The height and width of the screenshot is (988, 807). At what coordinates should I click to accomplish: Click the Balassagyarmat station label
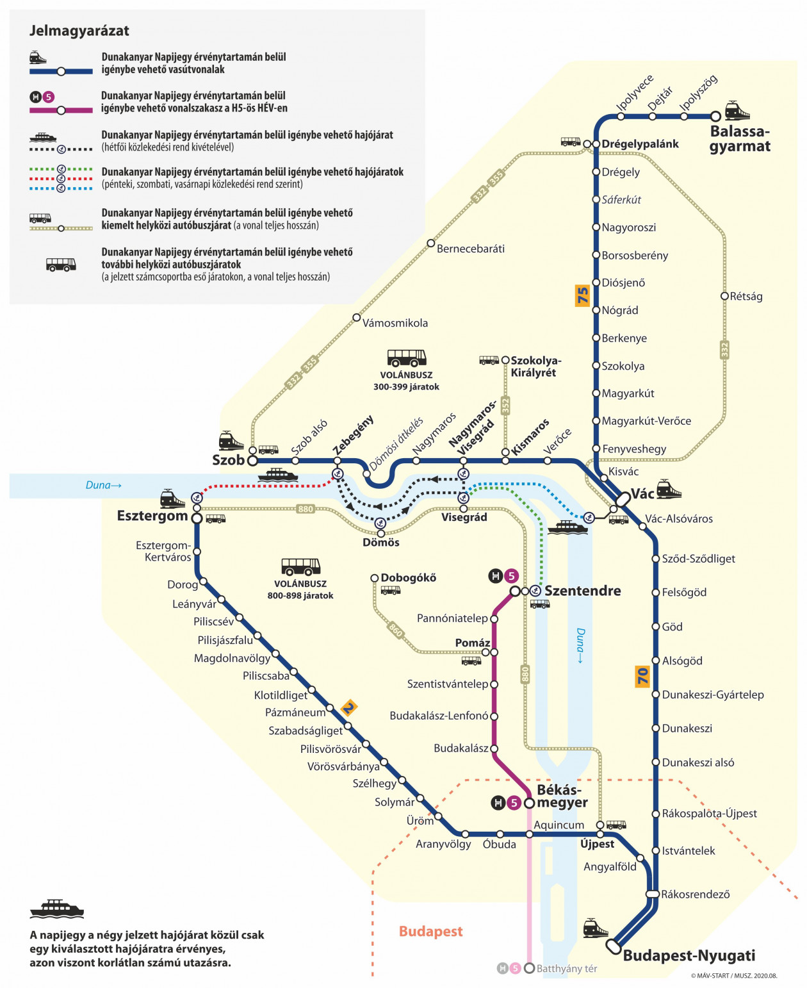(740, 139)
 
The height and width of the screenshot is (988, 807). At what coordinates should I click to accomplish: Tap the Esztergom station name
(152, 516)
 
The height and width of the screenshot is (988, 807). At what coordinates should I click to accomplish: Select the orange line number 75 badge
(582, 296)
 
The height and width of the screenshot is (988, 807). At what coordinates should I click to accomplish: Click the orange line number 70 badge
(642, 676)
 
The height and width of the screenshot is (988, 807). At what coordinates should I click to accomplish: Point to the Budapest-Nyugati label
(689, 955)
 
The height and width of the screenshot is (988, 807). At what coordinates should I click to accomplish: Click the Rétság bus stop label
(746, 297)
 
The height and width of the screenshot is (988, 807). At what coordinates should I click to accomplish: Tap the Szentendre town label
(583, 591)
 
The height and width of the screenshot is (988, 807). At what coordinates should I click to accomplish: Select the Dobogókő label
(409, 578)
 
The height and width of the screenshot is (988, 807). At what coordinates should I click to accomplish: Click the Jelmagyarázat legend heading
(79, 31)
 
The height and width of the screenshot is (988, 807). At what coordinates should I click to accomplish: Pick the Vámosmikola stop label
(395, 323)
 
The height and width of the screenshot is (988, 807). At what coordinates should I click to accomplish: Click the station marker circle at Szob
(252, 461)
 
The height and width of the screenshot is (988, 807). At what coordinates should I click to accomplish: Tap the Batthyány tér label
(567, 968)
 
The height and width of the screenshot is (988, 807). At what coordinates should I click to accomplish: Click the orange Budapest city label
(430, 931)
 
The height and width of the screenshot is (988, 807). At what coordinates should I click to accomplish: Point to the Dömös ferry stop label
(381, 542)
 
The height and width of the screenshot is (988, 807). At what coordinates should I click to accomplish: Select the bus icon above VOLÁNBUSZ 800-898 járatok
(300, 566)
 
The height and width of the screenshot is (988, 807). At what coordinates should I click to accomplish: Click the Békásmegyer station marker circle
(529, 803)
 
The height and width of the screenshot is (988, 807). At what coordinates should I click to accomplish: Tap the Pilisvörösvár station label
(330, 748)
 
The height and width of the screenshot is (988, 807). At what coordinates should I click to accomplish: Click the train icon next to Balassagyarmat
(737, 110)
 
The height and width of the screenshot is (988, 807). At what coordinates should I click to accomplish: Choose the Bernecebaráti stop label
(471, 249)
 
